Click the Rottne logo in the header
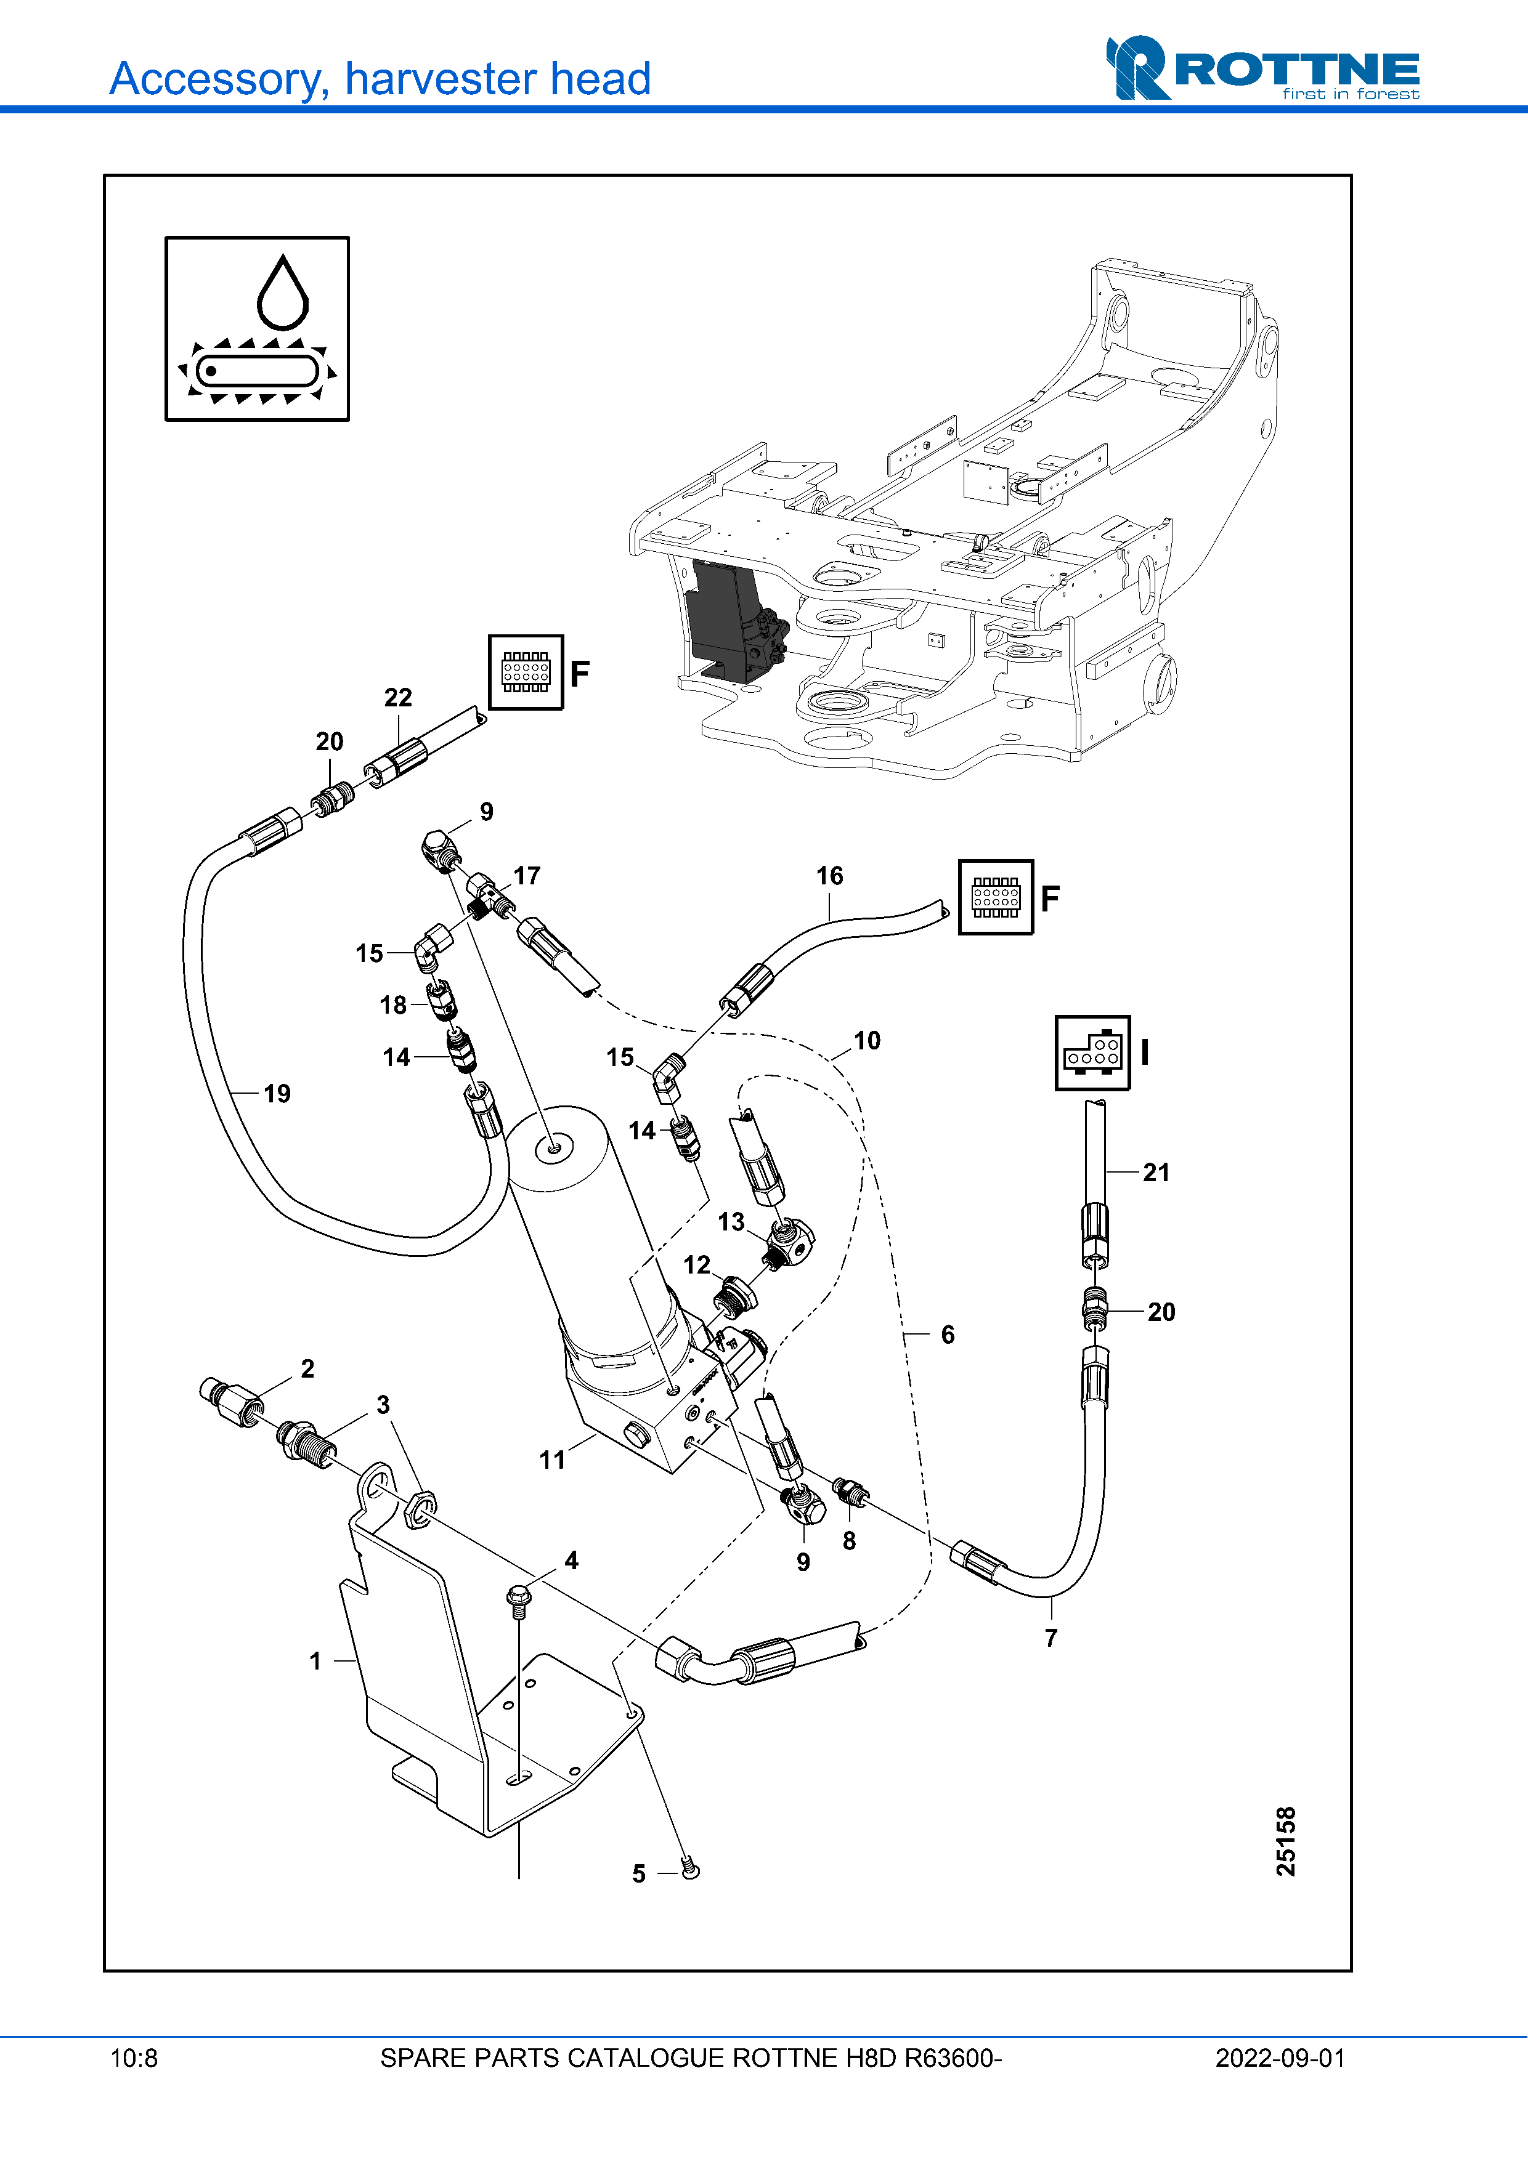point(1262,69)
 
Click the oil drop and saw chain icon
point(257,328)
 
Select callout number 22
point(397,697)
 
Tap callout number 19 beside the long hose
point(277,1094)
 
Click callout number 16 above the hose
point(829,876)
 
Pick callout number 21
point(1156,1173)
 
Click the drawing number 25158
point(1285,1841)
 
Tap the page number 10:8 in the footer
point(134,2058)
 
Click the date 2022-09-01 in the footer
point(1280,2058)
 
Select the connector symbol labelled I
point(1092,1052)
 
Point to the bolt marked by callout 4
point(518,1598)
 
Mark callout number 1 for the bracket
point(315,1661)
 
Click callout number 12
point(697,1265)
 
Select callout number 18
point(392,1005)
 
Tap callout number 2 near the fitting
point(307,1368)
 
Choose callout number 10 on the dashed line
point(867,1041)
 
